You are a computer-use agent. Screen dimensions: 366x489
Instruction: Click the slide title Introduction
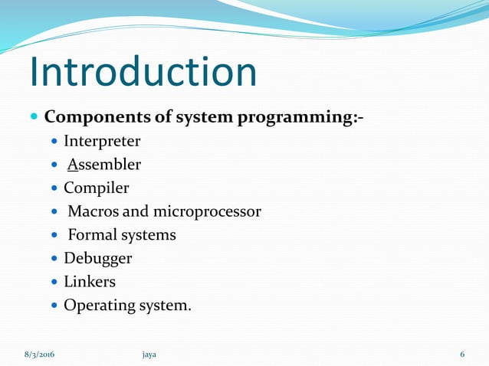pyautogui.click(x=143, y=71)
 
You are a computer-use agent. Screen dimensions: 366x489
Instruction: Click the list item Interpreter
pyautogui.click(x=102, y=142)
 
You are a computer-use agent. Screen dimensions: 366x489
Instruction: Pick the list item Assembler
pyautogui.click(x=103, y=165)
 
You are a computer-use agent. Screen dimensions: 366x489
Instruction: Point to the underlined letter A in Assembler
pyautogui.click(x=72, y=165)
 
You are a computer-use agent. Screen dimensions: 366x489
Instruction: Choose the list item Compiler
pyautogui.click(x=97, y=188)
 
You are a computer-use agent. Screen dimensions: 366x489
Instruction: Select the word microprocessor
pyautogui.click(x=207, y=211)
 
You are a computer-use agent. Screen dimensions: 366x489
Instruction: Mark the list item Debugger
pyautogui.click(x=97, y=259)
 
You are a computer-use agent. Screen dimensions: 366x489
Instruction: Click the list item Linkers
pyautogui.click(x=90, y=282)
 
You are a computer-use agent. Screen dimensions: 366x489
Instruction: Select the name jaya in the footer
pyautogui.click(x=149, y=354)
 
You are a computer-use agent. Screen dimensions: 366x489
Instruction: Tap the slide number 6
pyautogui.click(x=462, y=354)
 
